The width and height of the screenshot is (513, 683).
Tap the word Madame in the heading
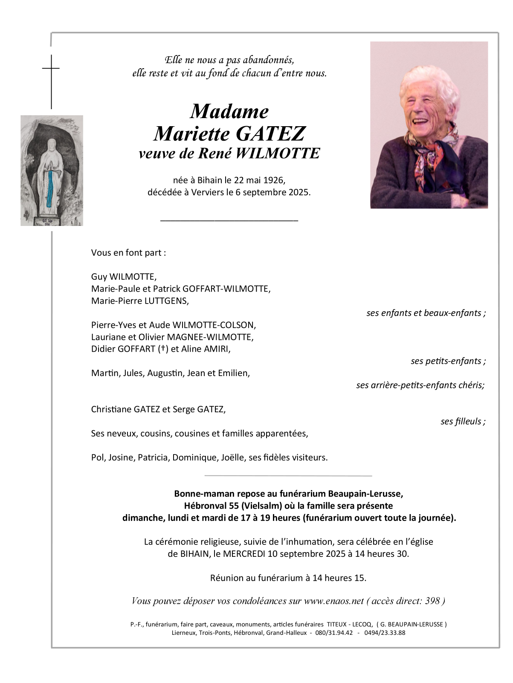pyautogui.click(x=229, y=112)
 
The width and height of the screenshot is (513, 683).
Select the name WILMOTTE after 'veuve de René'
pyautogui.click(x=277, y=153)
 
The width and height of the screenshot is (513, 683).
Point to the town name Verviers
pyautogui.click(x=206, y=192)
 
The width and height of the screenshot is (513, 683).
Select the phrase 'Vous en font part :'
pyautogui.click(x=128, y=253)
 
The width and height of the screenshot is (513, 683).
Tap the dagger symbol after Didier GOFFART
pyautogui.click(x=162, y=349)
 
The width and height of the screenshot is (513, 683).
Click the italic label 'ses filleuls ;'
pyautogui.click(x=463, y=422)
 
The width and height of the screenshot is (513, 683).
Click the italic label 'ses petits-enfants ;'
pyautogui.click(x=448, y=361)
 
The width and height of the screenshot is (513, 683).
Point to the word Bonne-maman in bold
pyautogui.click(x=198, y=494)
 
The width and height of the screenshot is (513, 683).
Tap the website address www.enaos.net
pyautogui.click(x=333, y=601)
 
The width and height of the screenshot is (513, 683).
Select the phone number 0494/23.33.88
pyautogui.click(x=383, y=633)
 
